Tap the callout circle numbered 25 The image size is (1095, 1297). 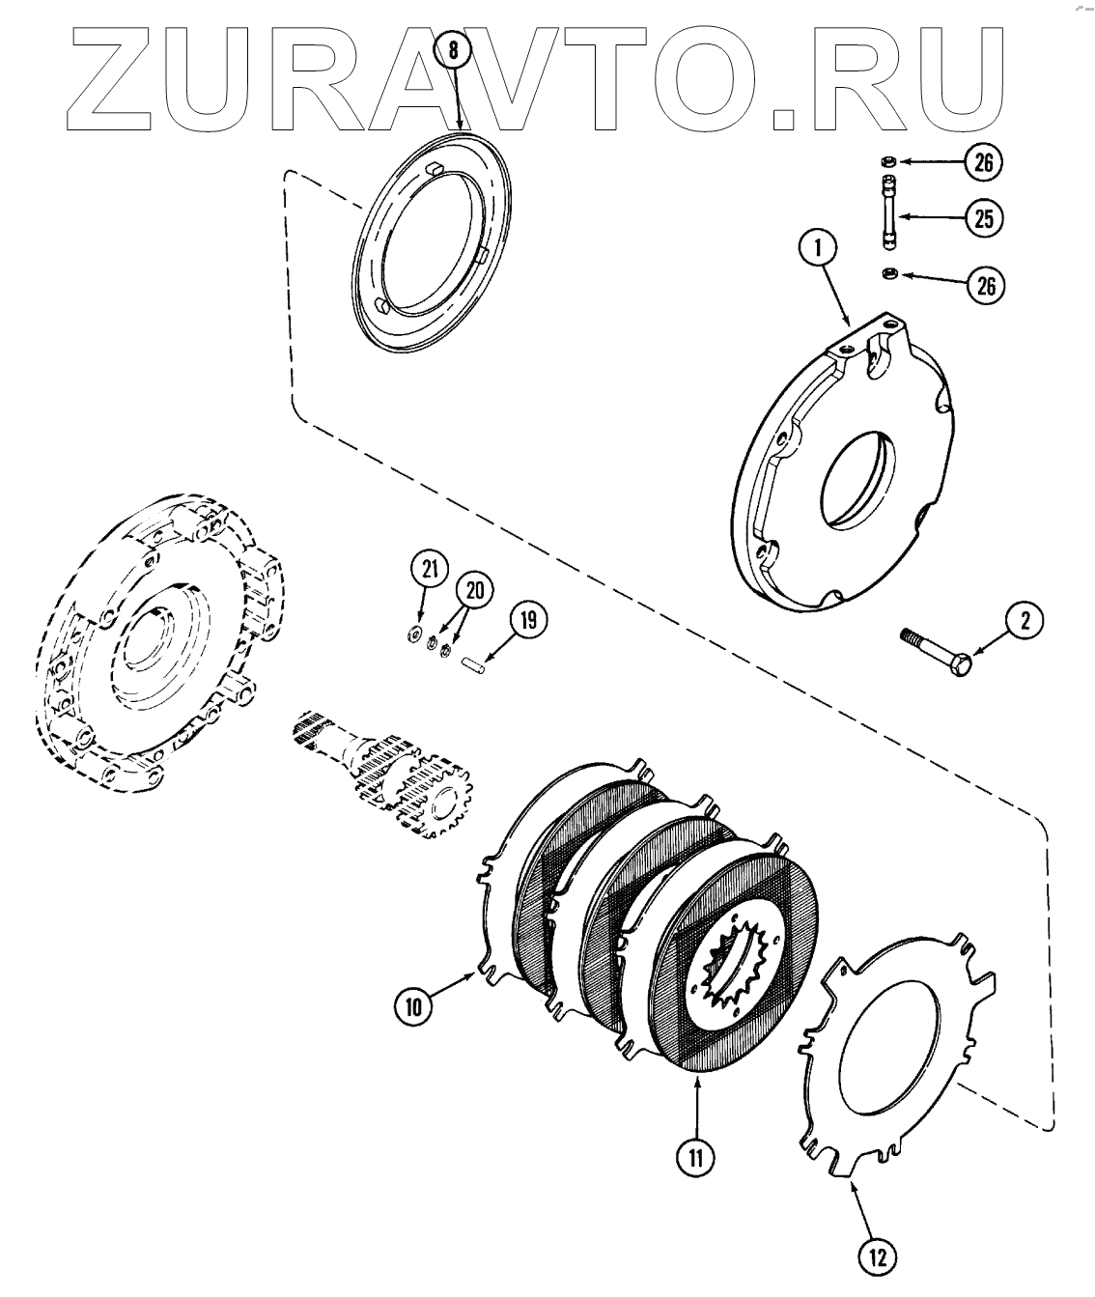pos(983,218)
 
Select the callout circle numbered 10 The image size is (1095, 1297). pos(412,1007)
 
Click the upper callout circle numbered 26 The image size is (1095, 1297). pos(983,163)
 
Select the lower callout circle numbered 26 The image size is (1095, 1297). pos(983,286)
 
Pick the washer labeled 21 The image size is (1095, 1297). pos(414,634)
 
